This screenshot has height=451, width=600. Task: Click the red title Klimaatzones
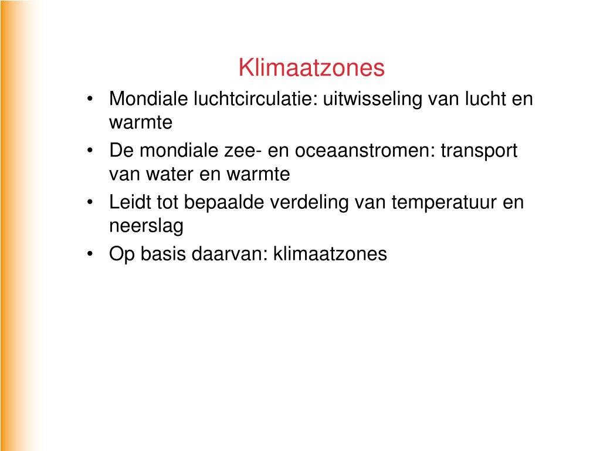311,68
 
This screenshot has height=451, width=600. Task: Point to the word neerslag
146,226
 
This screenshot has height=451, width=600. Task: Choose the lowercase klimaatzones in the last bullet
330,254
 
